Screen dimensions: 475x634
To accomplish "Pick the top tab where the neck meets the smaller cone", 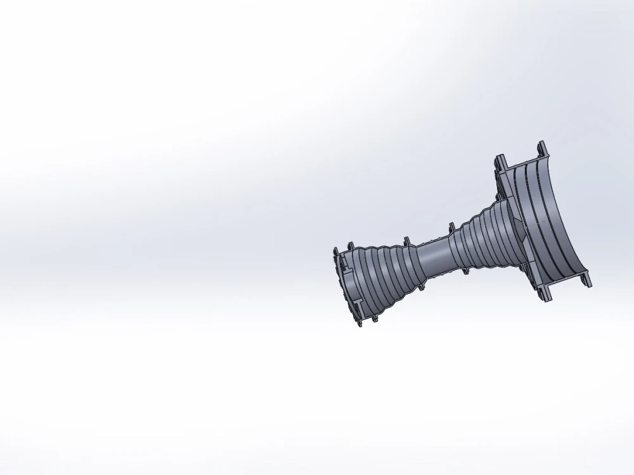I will coord(407,239).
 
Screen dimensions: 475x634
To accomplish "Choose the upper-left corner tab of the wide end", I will coord(501,158).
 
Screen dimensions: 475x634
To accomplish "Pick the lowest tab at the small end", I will coord(360,324).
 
